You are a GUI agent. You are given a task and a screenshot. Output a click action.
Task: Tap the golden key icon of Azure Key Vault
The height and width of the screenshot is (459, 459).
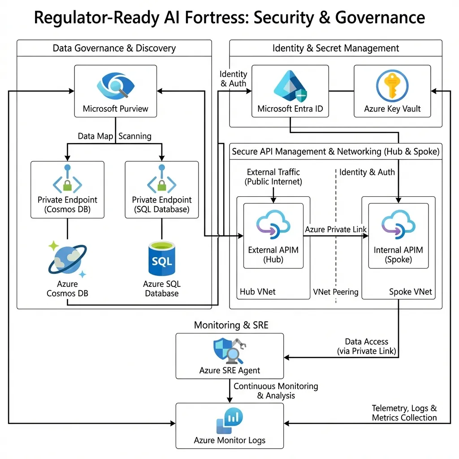(392, 86)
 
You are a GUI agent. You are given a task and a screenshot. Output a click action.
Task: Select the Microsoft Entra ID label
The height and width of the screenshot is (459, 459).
(290, 108)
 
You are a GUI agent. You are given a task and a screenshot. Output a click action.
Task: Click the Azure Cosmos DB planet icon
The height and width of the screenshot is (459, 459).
(67, 259)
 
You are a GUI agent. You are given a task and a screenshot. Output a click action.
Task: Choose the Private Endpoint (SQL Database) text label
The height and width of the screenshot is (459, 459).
(161, 204)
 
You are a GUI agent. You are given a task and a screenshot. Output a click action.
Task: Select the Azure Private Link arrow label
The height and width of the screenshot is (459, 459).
(336, 229)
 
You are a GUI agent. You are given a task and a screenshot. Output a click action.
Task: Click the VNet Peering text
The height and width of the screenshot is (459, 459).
(336, 292)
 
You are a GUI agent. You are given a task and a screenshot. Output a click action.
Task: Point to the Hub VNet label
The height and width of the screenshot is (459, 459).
(258, 292)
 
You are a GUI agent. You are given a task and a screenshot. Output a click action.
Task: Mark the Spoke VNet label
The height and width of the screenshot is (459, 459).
(410, 292)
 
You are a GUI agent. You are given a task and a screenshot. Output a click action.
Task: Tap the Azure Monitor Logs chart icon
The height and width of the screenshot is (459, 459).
(230, 420)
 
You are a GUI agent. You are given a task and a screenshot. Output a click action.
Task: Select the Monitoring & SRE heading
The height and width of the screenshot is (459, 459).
(231, 325)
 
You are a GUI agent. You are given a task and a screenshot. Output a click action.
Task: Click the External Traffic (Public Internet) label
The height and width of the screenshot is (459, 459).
(273, 177)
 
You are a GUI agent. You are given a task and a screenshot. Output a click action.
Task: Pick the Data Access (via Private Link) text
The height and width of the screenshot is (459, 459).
(367, 346)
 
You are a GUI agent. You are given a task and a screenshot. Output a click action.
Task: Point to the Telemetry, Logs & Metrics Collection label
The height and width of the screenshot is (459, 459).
(404, 413)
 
